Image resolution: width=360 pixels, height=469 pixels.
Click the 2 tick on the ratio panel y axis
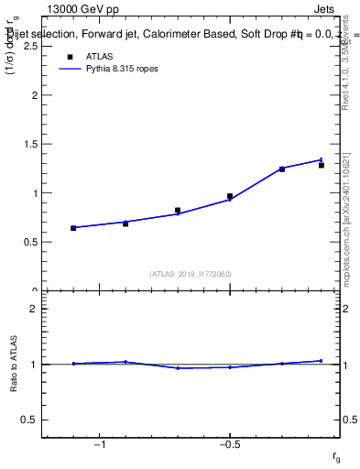click(32, 309)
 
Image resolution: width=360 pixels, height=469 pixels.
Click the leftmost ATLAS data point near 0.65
click(73, 228)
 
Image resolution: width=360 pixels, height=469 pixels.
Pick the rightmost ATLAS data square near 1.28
click(322, 166)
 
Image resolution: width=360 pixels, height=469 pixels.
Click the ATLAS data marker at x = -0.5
click(230, 196)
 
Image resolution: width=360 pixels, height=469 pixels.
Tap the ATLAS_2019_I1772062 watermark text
click(191, 273)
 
